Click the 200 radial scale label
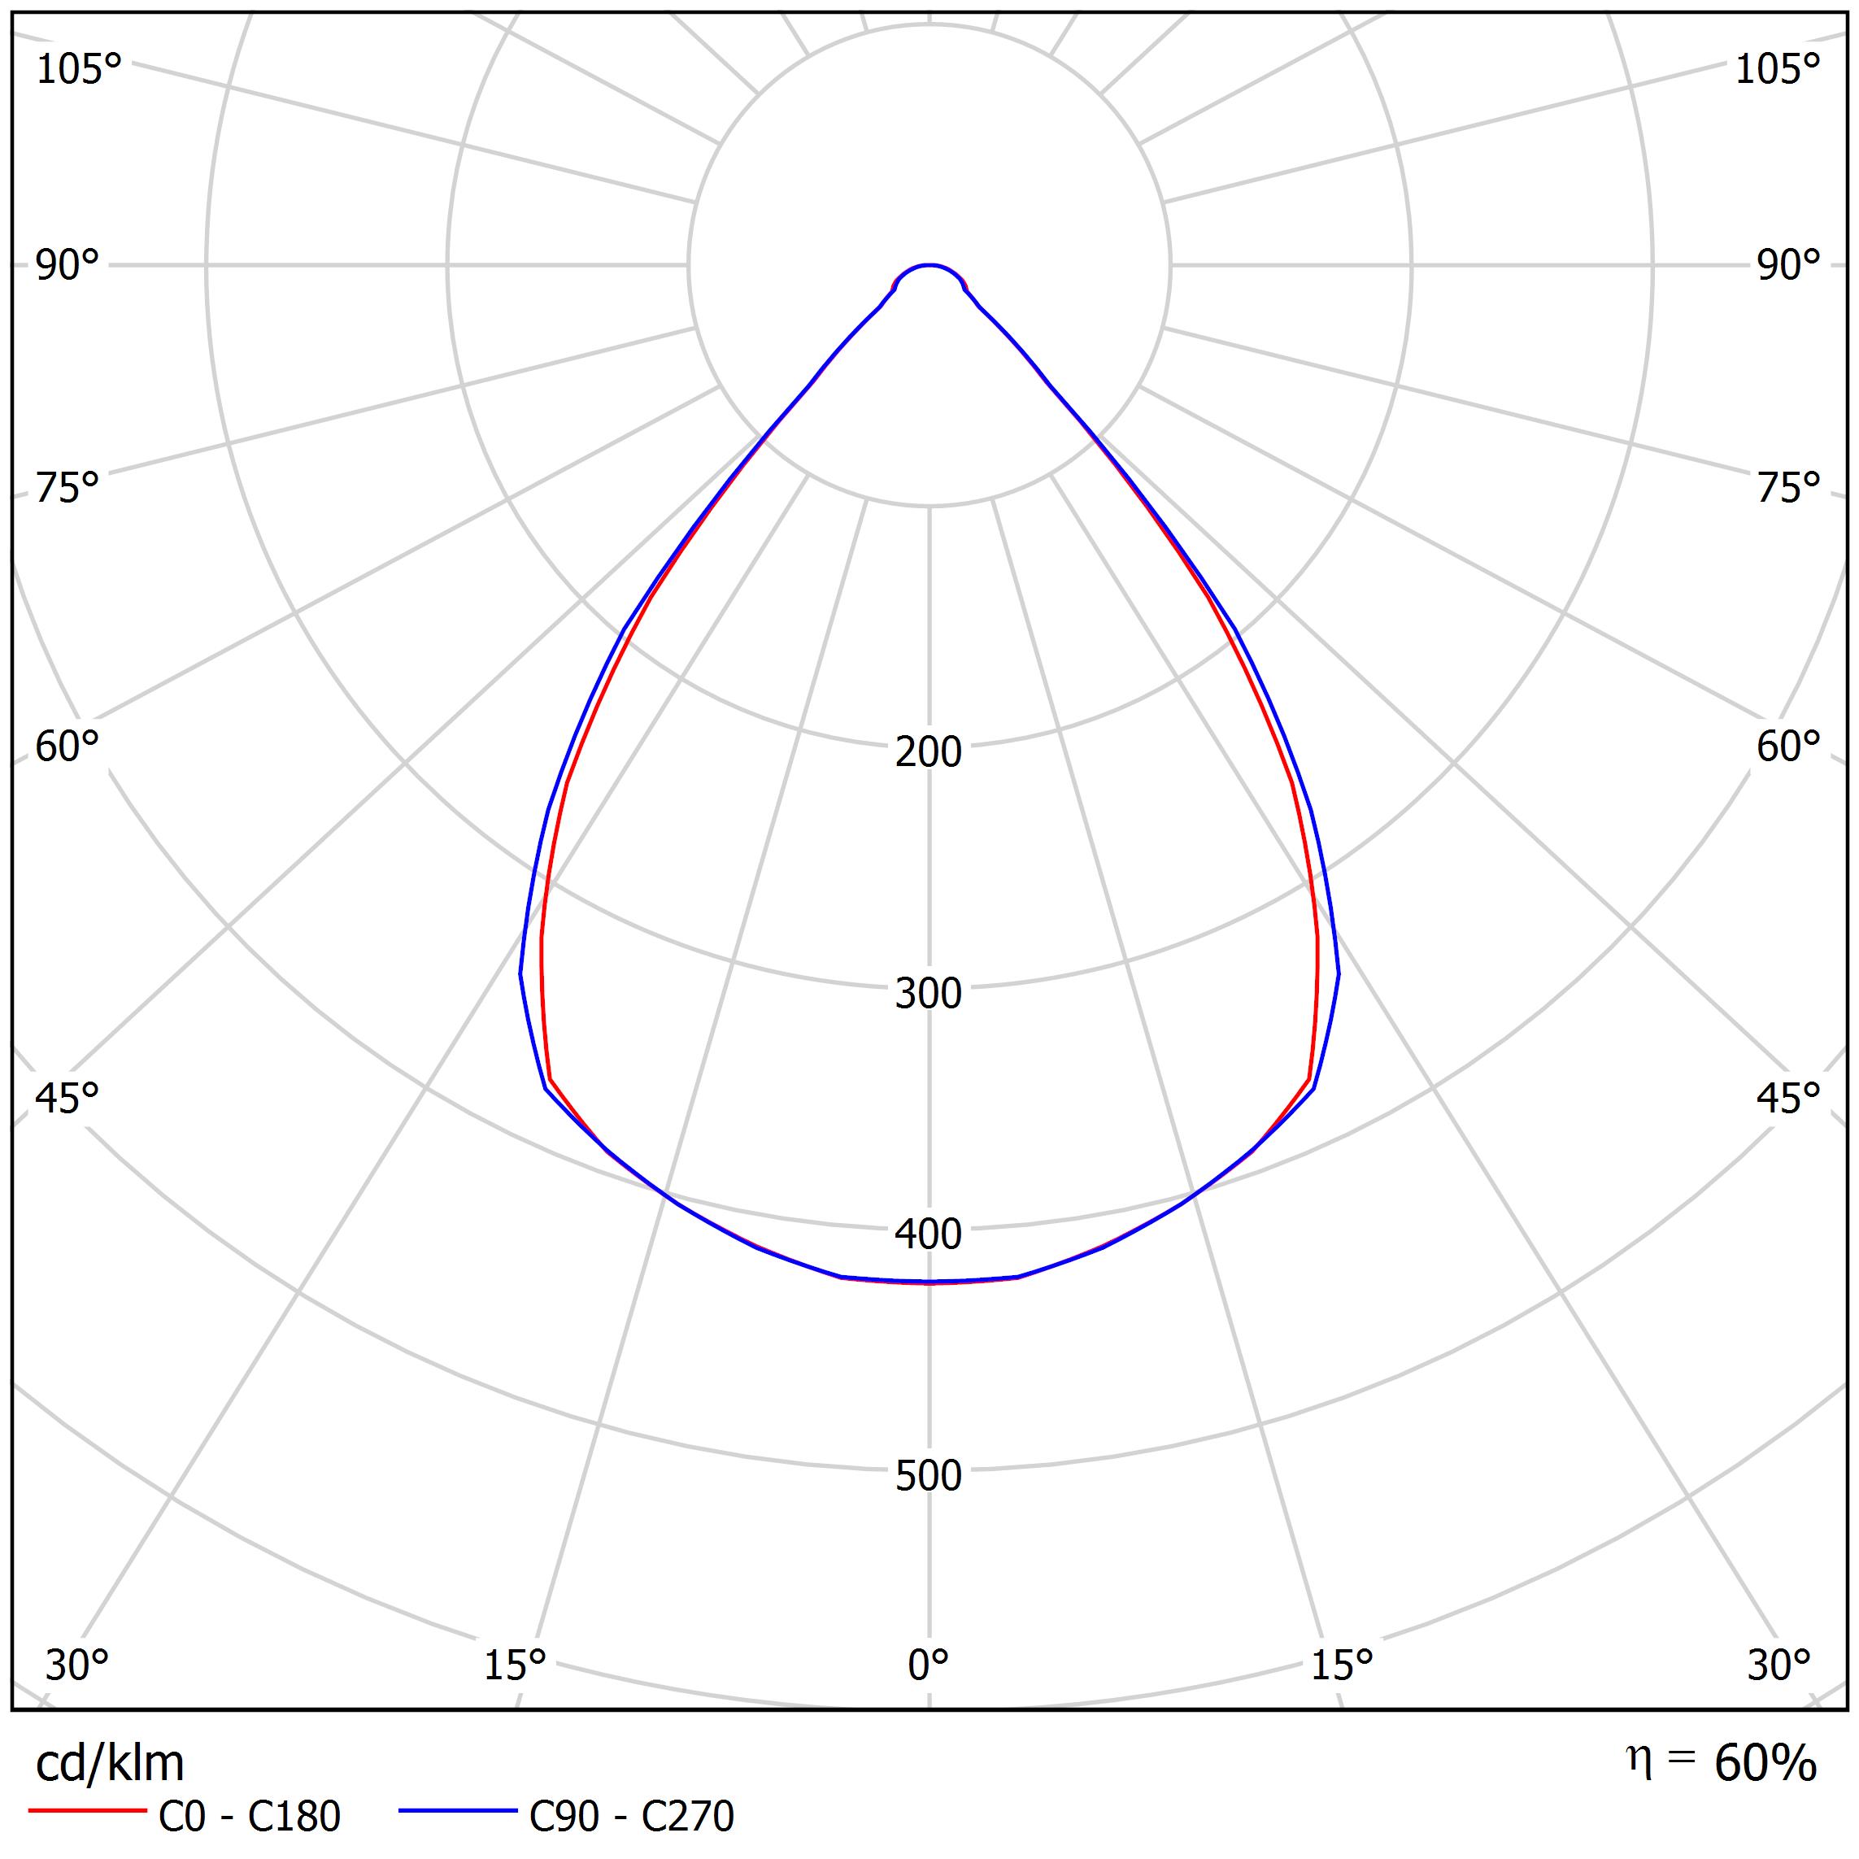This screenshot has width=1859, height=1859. tap(928, 752)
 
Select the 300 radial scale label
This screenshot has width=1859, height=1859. tap(928, 994)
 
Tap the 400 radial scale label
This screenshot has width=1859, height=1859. tap(928, 1234)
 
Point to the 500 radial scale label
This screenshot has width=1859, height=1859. tap(928, 1476)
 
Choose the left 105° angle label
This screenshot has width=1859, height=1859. tap(79, 69)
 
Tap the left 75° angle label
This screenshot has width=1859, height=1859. tap(67, 489)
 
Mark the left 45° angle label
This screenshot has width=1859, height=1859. tap(67, 1098)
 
